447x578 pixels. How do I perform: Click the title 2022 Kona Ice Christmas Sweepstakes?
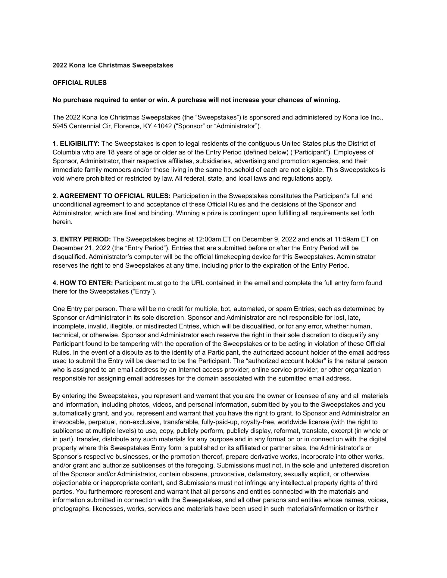click(113, 65)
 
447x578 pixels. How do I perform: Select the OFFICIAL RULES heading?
click(80, 83)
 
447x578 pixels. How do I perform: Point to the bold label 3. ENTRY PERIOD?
click(82, 239)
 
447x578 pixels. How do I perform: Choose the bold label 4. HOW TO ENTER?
click(83, 283)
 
